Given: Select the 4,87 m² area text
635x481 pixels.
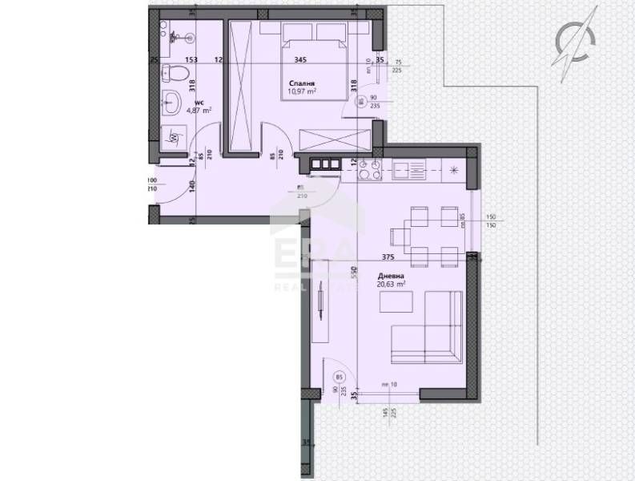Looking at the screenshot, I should coord(199,111).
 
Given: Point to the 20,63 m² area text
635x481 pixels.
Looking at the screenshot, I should coord(391,283).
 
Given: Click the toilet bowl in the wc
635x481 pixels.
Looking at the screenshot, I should coord(175,75).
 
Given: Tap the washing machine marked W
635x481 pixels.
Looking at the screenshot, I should coord(174,137).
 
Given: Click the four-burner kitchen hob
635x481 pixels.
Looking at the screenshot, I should coord(370,169).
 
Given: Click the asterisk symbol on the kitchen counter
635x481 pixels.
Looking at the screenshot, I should coord(455,169).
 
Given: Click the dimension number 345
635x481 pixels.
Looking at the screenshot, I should coord(300,59).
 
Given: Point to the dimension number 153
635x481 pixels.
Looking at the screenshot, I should coord(191,59).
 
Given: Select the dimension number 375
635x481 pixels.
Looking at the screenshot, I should coord(388,257).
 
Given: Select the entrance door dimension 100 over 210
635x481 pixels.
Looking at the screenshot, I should coord(152,184).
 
